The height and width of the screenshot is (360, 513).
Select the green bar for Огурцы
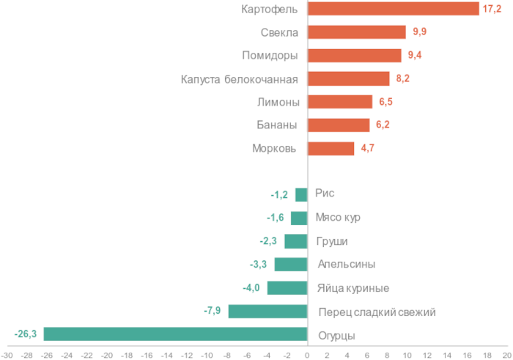click(x=175, y=334)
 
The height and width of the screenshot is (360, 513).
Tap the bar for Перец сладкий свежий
click(x=267, y=312)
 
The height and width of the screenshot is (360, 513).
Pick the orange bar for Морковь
click(x=331, y=149)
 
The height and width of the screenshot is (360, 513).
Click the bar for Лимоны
click(x=340, y=102)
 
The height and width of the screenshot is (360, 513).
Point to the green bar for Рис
click(x=301, y=194)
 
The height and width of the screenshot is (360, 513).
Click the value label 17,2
click(x=492, y=9)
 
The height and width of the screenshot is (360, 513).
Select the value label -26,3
click(x=26, y=334)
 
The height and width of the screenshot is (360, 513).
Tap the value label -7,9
click(x=213, y=312)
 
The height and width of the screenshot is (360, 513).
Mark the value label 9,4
click(x=414, y=55)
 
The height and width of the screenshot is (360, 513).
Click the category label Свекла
click(x=278, y=32)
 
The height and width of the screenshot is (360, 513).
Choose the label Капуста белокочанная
click(x=239, y=78)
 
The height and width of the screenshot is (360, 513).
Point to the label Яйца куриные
click(x=353, y=288)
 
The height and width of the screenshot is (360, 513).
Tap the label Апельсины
click(x=347, y=265)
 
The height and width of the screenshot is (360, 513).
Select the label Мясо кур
click(x=338, y=218)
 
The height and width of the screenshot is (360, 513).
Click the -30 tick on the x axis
click(x=7, y=354)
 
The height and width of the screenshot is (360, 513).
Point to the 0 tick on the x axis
click(x=307, y=354)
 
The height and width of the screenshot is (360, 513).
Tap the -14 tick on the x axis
click(x=167, y=354)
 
